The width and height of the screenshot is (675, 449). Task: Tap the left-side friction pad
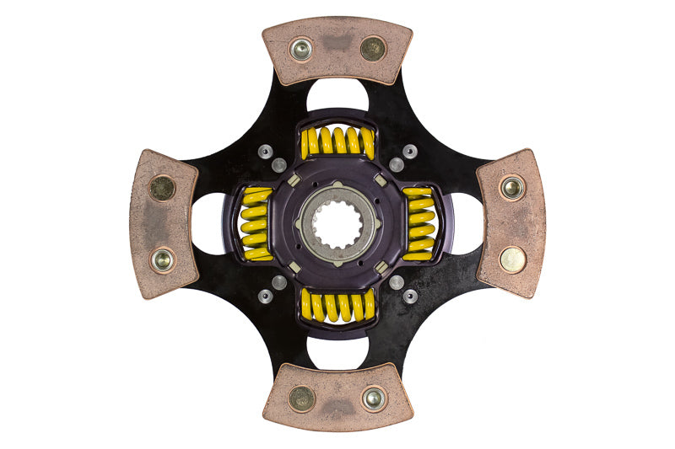(163, 223)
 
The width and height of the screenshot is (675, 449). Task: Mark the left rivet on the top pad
(301, 49)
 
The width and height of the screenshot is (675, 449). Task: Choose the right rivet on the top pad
(372, 48)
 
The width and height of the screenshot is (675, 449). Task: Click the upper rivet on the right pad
(511, 187)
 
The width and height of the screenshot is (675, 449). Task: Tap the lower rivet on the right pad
(512, 259)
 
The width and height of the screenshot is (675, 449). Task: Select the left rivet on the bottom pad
(301, 398)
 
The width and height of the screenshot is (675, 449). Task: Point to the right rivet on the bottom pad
(373, 398)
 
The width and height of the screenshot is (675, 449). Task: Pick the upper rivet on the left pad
(161, 187)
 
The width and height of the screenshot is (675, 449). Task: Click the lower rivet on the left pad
(162, 260)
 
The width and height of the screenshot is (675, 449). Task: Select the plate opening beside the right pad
(467, 223)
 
